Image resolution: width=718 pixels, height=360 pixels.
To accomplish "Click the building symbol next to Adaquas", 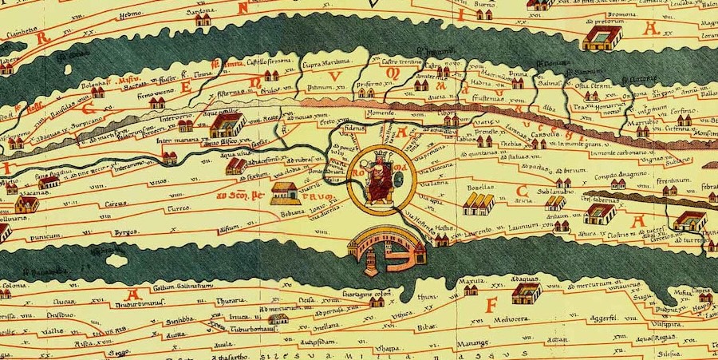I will pos(526,294).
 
